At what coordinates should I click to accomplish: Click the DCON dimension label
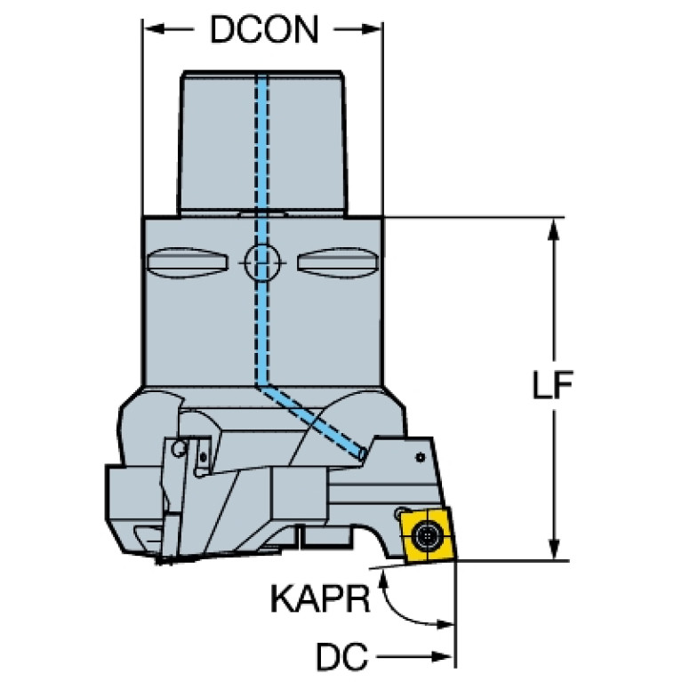263,31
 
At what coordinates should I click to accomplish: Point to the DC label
341,658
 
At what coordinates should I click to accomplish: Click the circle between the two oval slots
261,261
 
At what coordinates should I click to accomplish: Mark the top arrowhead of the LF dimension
556,227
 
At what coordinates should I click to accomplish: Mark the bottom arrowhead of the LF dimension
556,550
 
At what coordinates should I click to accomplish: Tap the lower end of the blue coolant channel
362,454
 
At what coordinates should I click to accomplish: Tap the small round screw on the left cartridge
181,447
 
